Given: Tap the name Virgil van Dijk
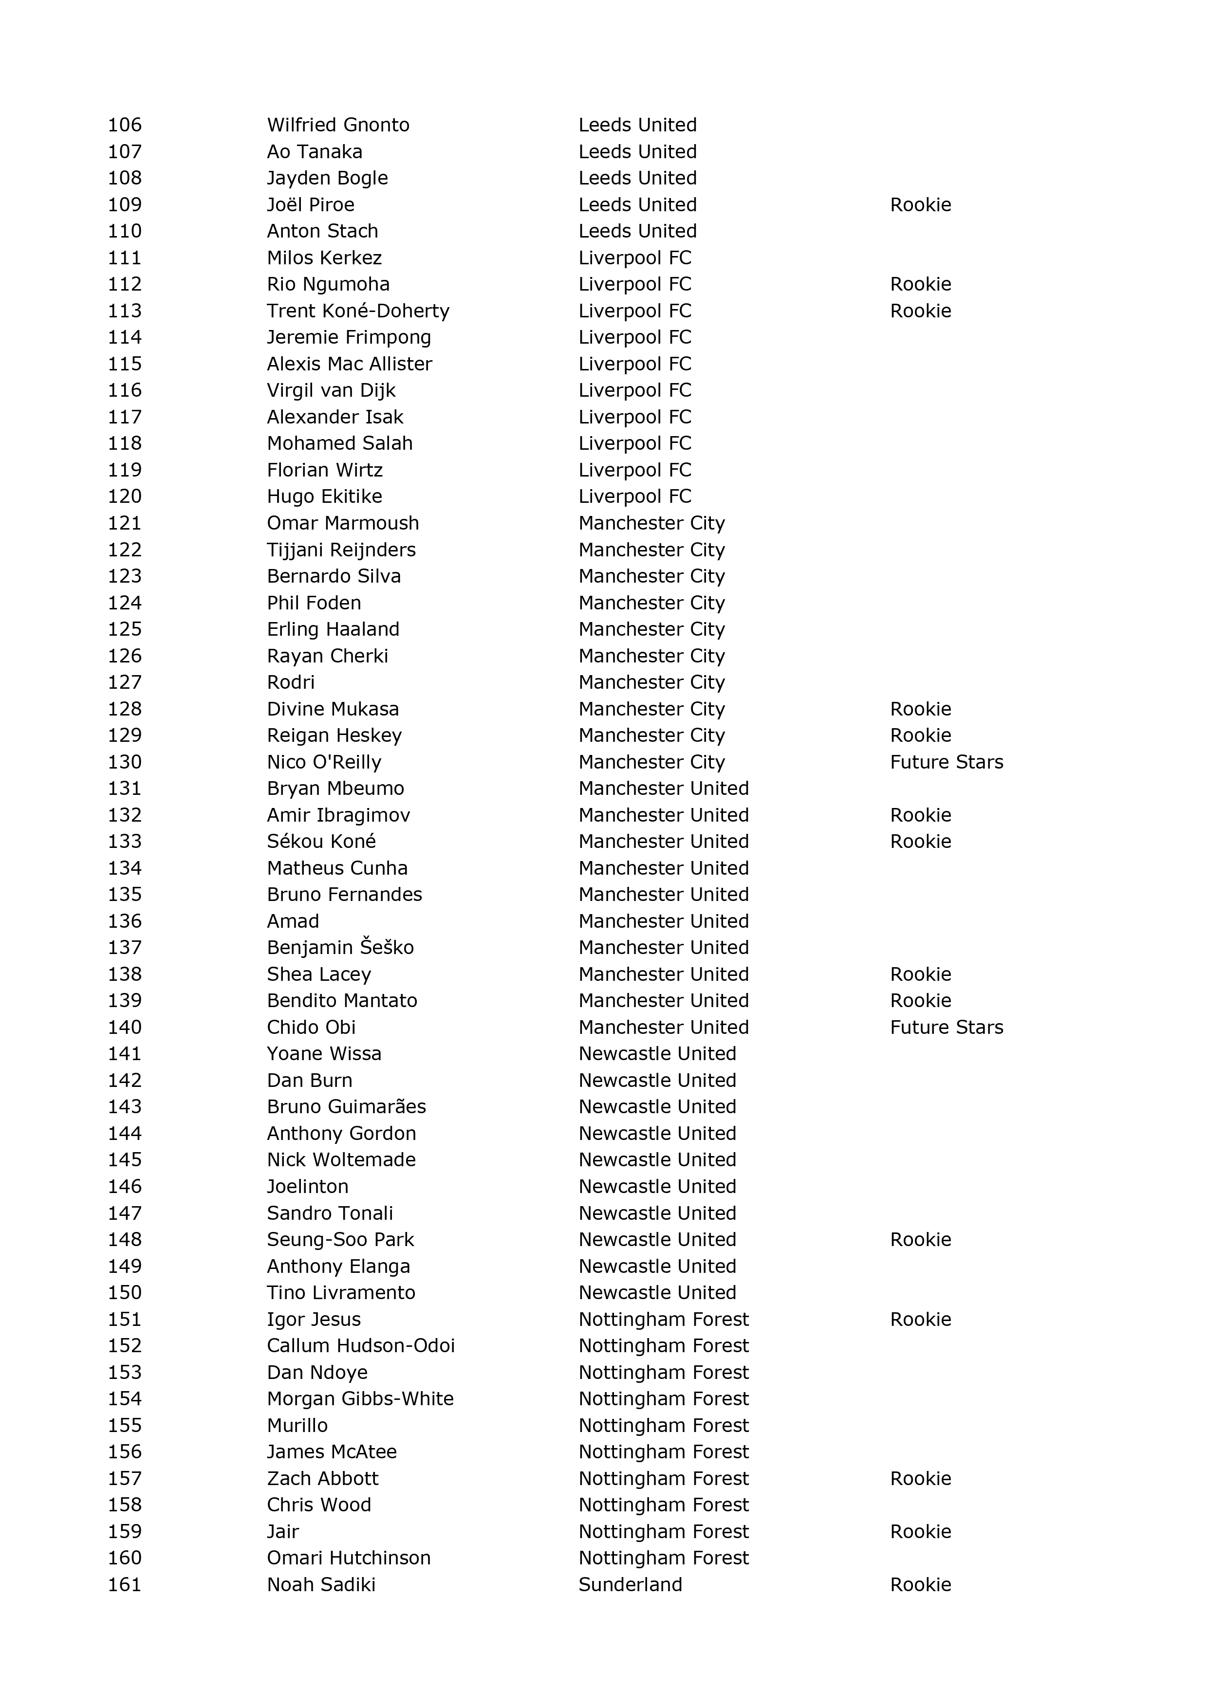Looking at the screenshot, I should coord(331,390).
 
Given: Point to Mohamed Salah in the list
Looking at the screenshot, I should coord(339,443).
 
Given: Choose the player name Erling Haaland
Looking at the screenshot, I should coord(333,629).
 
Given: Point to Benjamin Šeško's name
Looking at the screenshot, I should coord(340,947).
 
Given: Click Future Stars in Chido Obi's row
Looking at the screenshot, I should coord(946,1028).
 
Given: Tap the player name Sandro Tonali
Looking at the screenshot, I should coord(330,1213).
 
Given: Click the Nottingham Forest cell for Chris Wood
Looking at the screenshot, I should coord(663,1505).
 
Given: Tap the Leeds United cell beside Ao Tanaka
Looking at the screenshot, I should coord(637,152).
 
